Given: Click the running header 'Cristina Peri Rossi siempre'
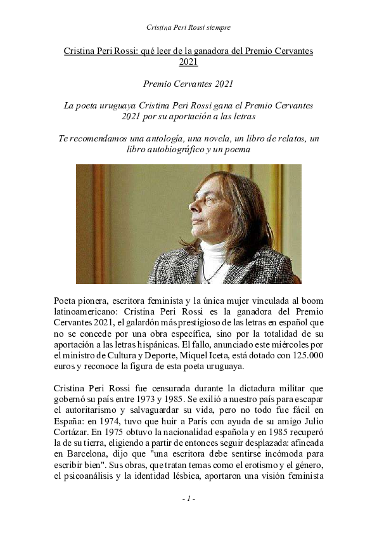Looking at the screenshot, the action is (188, 27).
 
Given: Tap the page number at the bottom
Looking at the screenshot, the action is (188, 499).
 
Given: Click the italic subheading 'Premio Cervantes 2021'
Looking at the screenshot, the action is (188, 82).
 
